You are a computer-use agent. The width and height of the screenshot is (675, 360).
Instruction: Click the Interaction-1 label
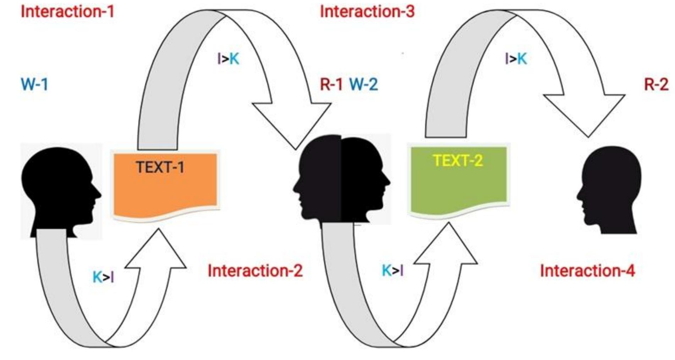(67, 12)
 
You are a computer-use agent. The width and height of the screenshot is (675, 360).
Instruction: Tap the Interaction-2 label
(255, 271)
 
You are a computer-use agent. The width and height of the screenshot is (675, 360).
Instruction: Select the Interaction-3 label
(367, 12)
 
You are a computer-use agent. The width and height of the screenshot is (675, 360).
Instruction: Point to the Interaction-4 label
(587, 271)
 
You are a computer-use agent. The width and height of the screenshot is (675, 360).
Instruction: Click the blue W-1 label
(34, 84)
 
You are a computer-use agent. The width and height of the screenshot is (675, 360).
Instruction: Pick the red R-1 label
(331, 84)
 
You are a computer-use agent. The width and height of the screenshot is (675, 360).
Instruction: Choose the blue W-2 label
(364, 84)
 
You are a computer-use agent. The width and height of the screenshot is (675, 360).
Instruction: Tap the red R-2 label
(656, 84)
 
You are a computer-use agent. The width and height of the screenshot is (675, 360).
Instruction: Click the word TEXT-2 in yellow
(458, 161)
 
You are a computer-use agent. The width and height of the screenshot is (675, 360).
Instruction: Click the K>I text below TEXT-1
(103, 277)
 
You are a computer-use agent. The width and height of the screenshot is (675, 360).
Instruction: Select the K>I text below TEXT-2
(393, 271)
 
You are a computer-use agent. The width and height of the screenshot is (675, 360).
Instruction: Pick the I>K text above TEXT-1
(228, 59)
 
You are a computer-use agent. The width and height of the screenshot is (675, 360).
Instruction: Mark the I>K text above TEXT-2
(516, 59)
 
